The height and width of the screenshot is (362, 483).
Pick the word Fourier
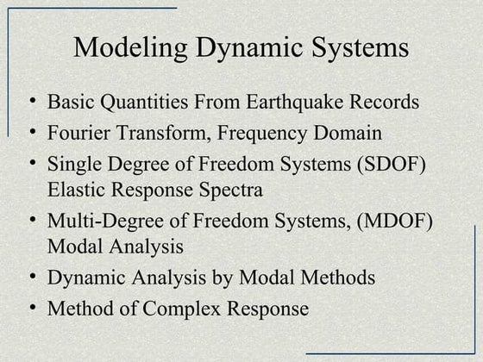pyautogui.click(x=78, y=134)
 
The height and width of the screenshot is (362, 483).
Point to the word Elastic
pyautogui.click(x=77, y=189)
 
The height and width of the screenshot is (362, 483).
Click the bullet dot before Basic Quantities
pyautogui.click(x=31, y=102)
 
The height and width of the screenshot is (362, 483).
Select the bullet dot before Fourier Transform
pyautogui.click(x=31, y=133)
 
